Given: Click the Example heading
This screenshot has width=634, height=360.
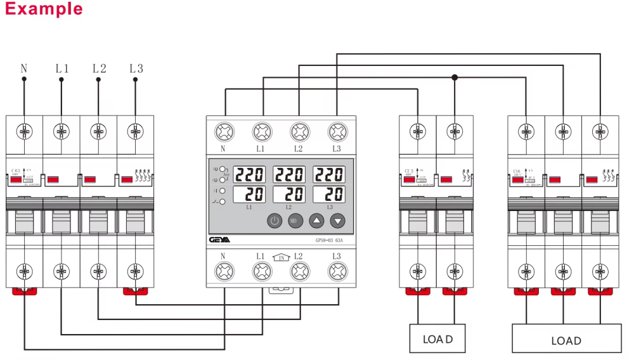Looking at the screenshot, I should pos(42,9).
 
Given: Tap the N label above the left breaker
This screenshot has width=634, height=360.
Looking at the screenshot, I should pos(24,68).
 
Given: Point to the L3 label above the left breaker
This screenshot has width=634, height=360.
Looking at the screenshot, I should pos(136,68).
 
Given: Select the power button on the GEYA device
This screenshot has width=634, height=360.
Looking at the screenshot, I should pos(274,221).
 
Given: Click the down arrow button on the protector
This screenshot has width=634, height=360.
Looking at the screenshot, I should pos(338,221).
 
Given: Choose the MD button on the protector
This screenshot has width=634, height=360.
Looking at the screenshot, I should pos(295,221).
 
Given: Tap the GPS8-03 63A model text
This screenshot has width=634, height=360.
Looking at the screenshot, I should pos(329,240).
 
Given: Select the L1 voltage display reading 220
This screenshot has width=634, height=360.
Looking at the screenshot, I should pos(250,174).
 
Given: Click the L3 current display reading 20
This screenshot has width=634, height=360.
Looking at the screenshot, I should pos(329,195).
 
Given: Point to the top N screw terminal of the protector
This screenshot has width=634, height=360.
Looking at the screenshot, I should pos(224,132).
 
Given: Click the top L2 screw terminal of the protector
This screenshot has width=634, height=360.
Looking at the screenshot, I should pos(299,132).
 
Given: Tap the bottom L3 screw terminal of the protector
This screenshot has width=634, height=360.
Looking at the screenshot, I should pos(337,273).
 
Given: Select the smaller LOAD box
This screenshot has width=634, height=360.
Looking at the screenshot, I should pos(437,339).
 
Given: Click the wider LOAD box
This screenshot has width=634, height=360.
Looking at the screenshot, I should pos(566,340).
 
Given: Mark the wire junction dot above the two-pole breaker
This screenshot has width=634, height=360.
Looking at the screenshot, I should pos(454,77).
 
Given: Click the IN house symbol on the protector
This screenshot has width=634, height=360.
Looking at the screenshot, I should pos(281,257).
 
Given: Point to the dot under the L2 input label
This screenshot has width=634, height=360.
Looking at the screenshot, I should pos(98,80).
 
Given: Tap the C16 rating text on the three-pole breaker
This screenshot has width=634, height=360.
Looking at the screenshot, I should pos(518,171).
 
